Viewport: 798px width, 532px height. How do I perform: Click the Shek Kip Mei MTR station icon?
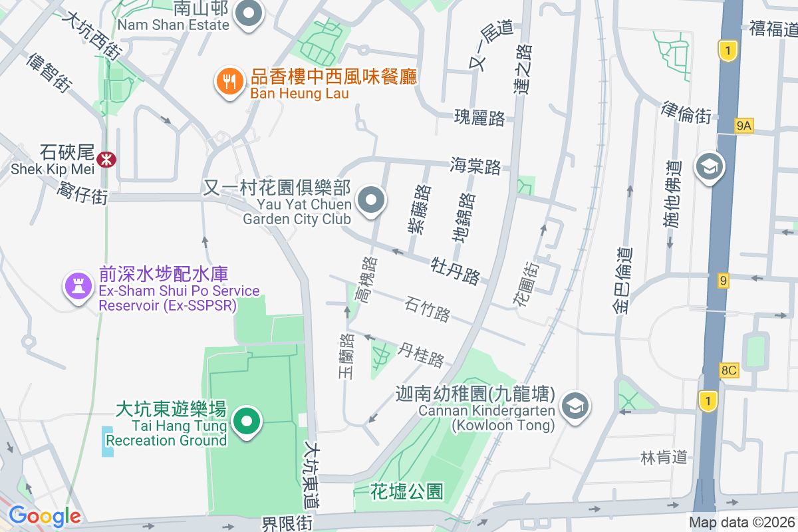click(106, 159)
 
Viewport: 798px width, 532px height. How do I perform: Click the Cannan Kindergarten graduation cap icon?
click(575, 404)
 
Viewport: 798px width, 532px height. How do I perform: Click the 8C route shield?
click(729, 370)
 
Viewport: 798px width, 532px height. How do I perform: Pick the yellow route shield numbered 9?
click(723, 281)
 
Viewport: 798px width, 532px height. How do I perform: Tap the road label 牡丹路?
click(456, 265)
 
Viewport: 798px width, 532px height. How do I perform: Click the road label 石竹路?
click(428, 309)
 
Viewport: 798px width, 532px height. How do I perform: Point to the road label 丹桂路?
click(421, 354)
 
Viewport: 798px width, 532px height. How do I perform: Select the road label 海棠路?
click(475, 166)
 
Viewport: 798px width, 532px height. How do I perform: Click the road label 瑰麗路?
click(479, 118)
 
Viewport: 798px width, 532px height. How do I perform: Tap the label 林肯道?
click(663, 457)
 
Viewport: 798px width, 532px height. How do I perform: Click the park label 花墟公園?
click(407, 491)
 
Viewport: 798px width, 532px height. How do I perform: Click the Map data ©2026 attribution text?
click(741, 522)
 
